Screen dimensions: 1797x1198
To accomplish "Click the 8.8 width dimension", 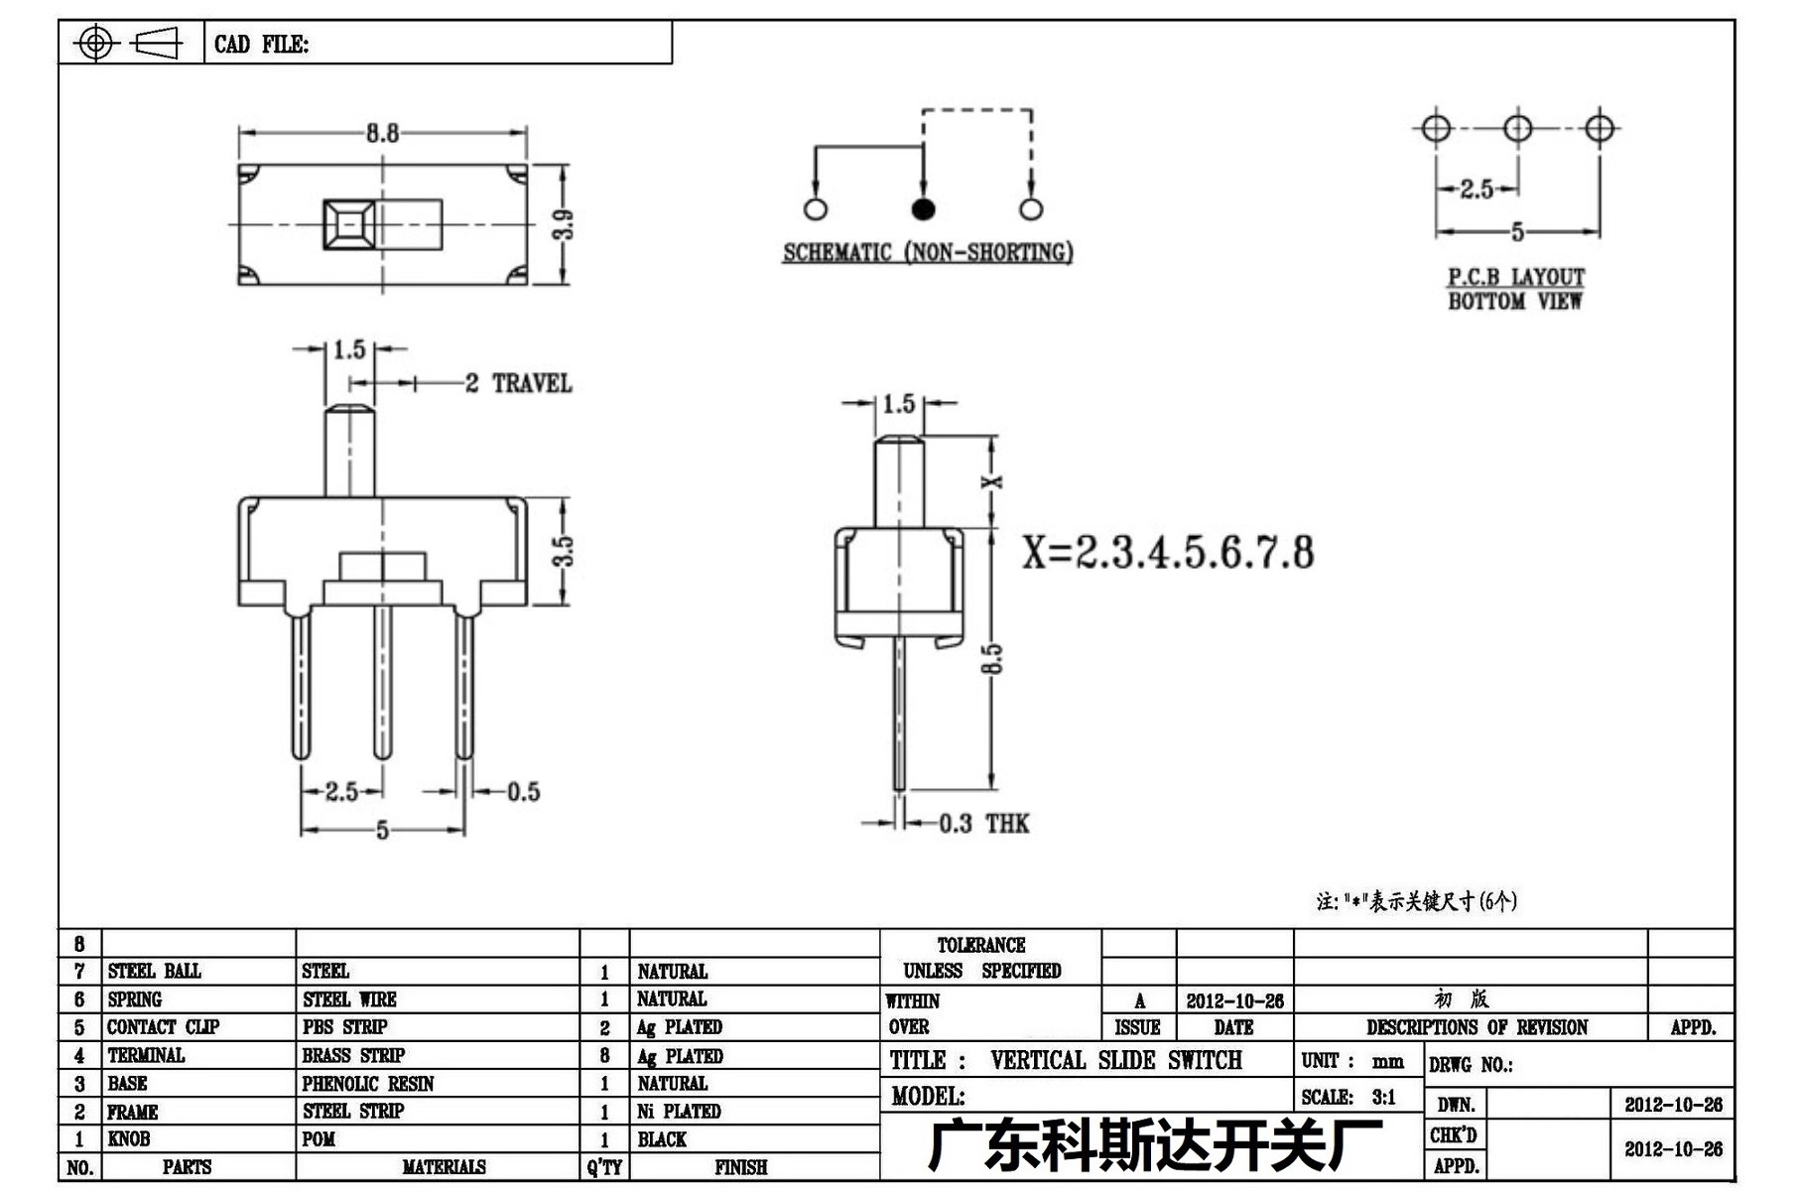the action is [x=382, y=133].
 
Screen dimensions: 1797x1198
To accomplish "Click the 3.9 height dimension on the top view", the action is [x=564, y=224].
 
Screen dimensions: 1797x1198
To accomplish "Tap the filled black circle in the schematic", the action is [x=923, y=208].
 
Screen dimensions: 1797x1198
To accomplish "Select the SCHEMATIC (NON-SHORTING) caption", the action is [x=928, y=252].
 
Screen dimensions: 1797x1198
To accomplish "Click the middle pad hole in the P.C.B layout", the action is [x=1518, y=128].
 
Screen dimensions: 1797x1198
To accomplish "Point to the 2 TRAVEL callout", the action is [x=519, y=383].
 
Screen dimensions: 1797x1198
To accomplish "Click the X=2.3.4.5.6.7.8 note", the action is [x=1168, y=552].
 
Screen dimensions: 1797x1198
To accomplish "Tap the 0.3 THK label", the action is [x=983, y=823].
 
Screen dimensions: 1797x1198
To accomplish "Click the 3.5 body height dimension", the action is [x=563, y=551].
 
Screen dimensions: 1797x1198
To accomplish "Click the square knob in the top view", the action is [x=348, y=225].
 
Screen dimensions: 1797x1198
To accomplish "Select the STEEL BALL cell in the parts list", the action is [x=154, y=971].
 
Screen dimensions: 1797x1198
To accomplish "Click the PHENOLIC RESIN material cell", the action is [x=368, y=1083].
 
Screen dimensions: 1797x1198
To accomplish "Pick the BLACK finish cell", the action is [x=662, y=1139].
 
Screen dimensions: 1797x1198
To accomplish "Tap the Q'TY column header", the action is [x=604, y=1167].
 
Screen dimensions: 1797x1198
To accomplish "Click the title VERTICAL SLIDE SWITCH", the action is [x=1116, y=1060].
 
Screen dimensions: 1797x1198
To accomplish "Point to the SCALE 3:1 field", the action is [x=1348, y=1097].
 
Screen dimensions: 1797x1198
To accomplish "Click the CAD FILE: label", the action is [x=261, y=44].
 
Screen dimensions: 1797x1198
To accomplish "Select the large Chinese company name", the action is [x=1155, y=1145].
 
